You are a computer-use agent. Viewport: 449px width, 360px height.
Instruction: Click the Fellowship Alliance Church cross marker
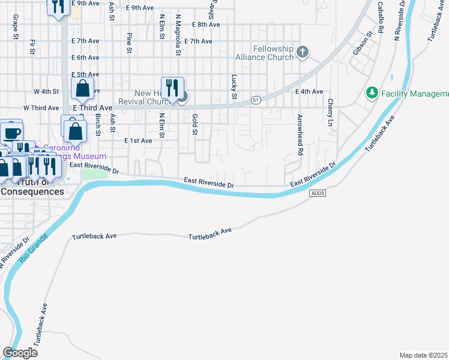click(303, 52)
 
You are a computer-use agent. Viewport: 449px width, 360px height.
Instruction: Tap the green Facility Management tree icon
click(372, 94)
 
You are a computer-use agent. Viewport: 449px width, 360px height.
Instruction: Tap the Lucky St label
click(234, 87)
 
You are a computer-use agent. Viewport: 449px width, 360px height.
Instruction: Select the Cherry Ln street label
click(330, 112)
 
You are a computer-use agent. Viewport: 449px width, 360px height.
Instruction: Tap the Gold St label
click(194, 124)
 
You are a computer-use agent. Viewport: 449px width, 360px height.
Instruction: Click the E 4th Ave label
click(309, 91)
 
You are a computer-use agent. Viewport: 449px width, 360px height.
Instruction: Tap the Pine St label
click(129, 43)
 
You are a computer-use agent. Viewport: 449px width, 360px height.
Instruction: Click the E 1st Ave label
click(138, 140)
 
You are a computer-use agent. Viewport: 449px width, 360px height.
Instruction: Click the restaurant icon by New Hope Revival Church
click(172, 88)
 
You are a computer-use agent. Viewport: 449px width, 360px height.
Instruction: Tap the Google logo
click(20, 353)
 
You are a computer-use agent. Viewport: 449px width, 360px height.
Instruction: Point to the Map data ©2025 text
click(424, 355)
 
